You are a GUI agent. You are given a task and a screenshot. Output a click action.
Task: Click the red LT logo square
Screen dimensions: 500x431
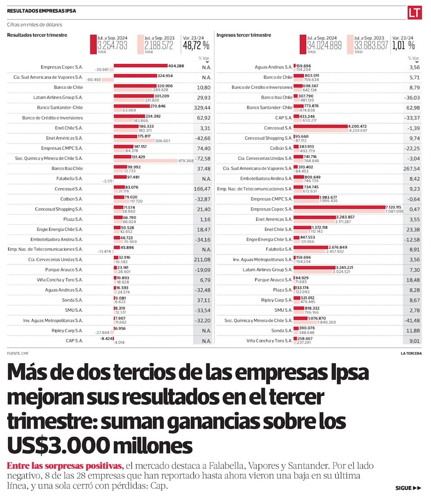click(414, 12)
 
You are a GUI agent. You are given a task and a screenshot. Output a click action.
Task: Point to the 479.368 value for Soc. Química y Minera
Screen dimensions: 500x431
click(186, 161)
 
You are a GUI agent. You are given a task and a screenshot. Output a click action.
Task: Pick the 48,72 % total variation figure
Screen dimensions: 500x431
click(196, 45)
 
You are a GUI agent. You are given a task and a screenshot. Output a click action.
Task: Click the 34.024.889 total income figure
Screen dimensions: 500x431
click(324, 45)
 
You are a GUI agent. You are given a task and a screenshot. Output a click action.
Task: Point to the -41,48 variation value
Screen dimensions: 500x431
click(412, 321)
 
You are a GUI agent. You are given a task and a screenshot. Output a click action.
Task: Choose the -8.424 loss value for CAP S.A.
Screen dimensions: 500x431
click(106, 339)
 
